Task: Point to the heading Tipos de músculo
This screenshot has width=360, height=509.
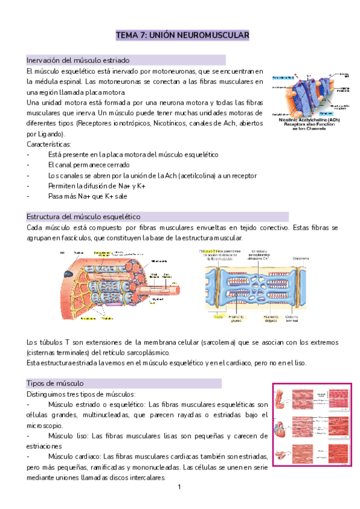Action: pos(55,383)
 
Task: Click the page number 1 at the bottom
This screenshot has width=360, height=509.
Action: pos(179,487)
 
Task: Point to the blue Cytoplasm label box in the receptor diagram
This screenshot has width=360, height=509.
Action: pos(327,112)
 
